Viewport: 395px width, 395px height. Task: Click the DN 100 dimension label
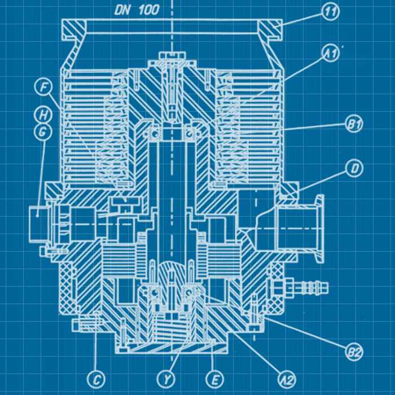[x=137, y=9]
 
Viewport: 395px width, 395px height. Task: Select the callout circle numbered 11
[x=330, y=11]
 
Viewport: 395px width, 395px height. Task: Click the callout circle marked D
[x=354, y=168]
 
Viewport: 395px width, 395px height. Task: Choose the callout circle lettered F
[x=43, y=87]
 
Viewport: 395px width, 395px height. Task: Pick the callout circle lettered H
[x=43, y=115]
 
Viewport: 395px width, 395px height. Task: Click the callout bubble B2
[x=354, y=352]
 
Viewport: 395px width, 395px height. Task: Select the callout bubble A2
[x=287, y=379]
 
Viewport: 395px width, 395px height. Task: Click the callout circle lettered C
[x=96, y=379]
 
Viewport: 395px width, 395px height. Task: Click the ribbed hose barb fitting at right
[x=308, y=286]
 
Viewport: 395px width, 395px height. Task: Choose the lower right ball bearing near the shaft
[x=190, y=293]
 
